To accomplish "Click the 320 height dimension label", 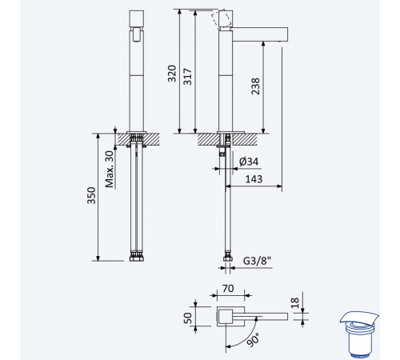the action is click(x=172, y=74).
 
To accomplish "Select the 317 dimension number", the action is click(x=187, y=77).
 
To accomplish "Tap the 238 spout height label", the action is click(x=255, y=86).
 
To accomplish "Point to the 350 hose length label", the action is click(x=91, y=195).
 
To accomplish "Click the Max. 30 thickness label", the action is click(x=110, y=170).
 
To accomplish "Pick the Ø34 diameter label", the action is click(x=249, y=162).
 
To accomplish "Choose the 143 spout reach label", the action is click(x=254, y=179).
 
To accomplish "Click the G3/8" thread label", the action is click(x=257, y=261).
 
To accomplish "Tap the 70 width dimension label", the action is click(x=228, y=289).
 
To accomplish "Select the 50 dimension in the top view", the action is click(x=188, y=318).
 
